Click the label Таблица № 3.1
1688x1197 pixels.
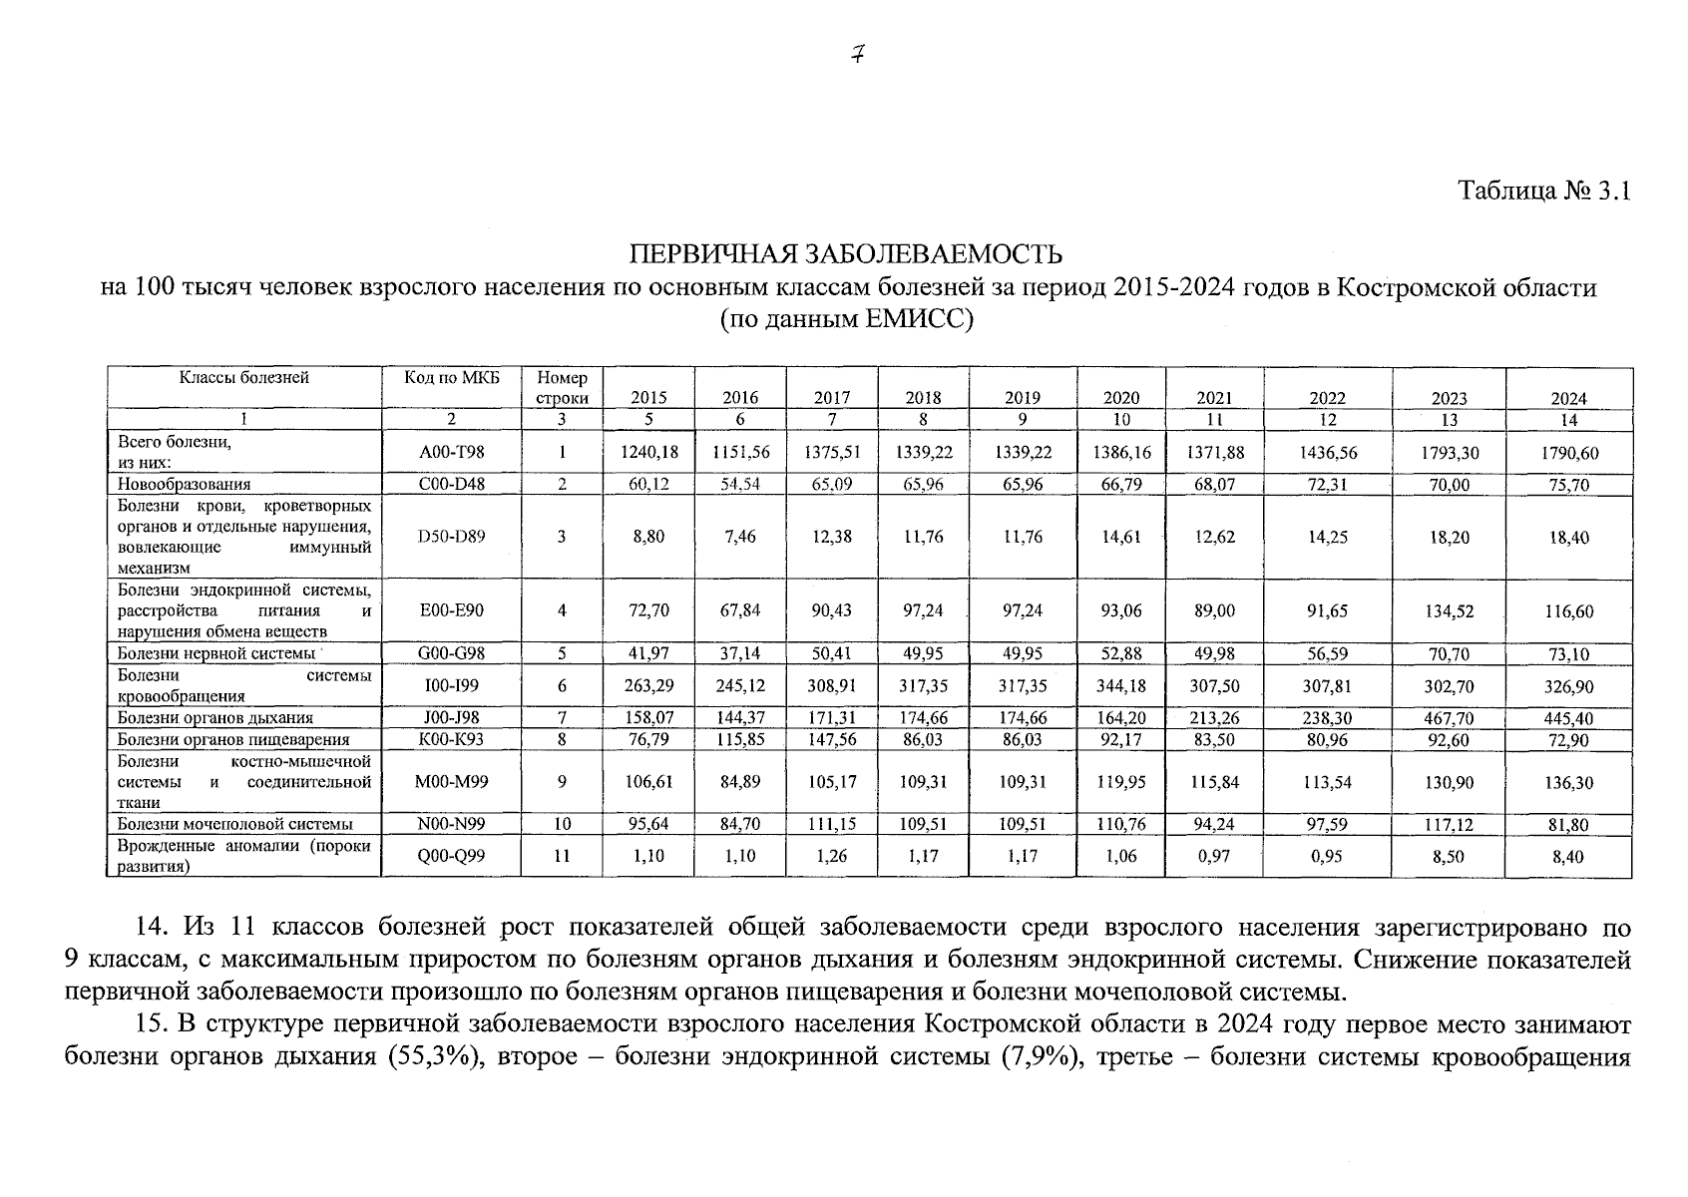[1543, 191]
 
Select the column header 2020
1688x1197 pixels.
[1121, 398]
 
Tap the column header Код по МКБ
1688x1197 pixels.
[451, 378]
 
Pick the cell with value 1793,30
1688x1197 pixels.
[1450, 453]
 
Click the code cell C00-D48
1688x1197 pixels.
[451, 485]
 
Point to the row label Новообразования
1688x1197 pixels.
[184, 485]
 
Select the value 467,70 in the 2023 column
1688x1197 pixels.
[1450, 718]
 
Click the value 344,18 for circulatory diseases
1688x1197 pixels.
[1121, 686]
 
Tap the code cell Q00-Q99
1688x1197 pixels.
[451, 856]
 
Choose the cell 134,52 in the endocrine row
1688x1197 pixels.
[1450, 611]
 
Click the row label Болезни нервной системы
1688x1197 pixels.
[215, 654]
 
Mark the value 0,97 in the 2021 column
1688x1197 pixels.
[1214, 856]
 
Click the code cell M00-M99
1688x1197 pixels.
[451, 782]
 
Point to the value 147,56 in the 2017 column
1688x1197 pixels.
[832, 739]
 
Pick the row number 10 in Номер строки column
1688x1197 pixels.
[562, 825]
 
